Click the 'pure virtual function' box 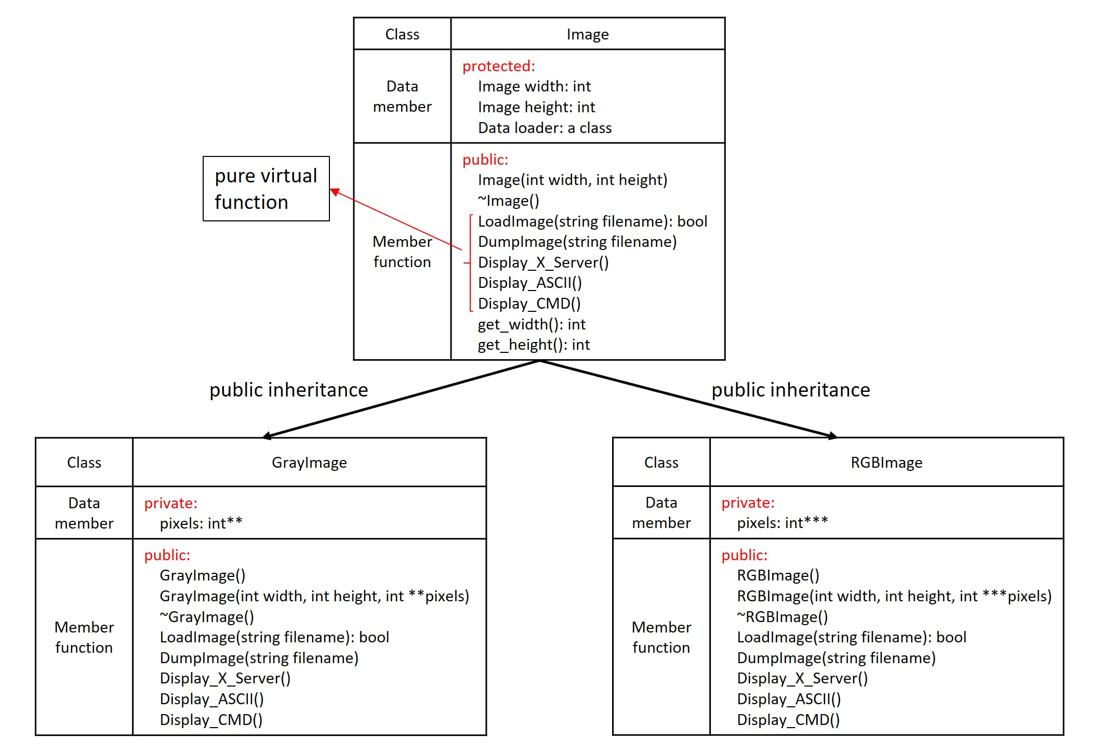266,189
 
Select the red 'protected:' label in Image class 498,66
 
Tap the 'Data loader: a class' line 545,128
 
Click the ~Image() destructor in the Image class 508,201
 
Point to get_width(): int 531,324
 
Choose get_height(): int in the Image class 533,345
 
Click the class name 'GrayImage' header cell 309,463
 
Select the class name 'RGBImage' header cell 886,463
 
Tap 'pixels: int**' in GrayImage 201,523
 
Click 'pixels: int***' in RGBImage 782,523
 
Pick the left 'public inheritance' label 288,390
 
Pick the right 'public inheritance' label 790,390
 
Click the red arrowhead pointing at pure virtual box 335,192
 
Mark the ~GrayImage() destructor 207,617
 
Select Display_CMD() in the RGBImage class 788,720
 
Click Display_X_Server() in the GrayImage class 225,678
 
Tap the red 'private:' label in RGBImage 747,503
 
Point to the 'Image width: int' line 534,86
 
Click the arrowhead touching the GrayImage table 267,436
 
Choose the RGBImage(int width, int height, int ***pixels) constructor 894,596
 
